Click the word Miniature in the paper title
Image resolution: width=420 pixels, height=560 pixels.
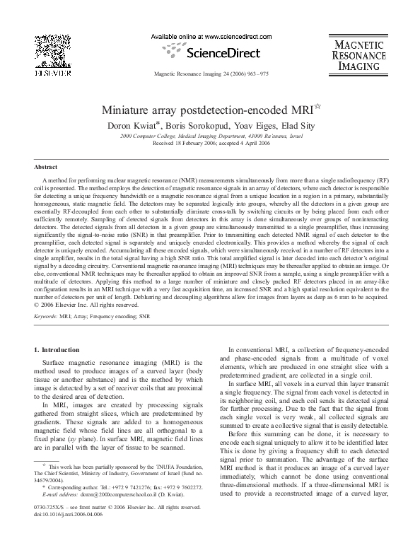131,110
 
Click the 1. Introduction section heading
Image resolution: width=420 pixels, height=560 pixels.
58,350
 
